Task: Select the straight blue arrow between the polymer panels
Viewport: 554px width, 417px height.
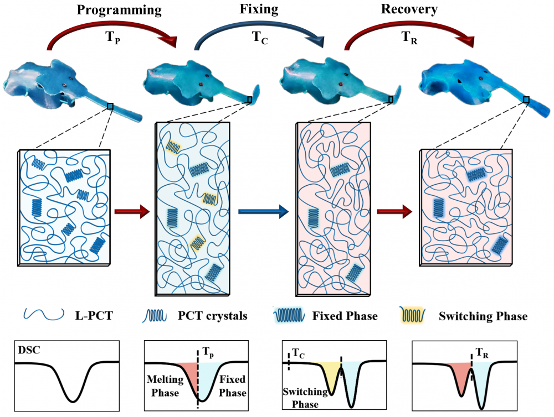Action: click(263, 211)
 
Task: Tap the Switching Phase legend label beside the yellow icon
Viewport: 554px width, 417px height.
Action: click(482, 316)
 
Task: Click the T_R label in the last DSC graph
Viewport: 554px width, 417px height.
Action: click(484, 352)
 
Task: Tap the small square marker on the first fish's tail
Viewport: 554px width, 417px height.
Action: click(110, 106)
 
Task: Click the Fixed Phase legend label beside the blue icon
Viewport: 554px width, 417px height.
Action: click(352, 316)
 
